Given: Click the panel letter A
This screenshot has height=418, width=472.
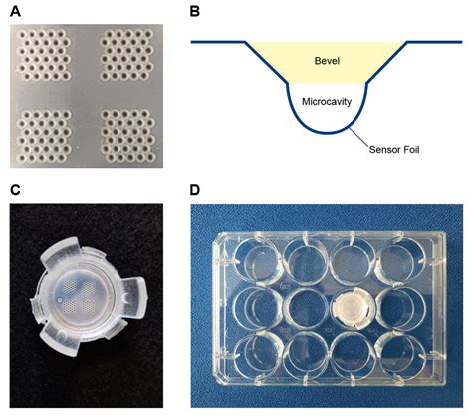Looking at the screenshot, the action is coord(15,11).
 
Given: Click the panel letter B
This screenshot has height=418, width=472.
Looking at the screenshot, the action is coord(195,11).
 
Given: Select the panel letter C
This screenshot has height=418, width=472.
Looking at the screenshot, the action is coord(15,190).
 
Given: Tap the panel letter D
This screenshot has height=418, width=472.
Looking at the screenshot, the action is coord(195,190).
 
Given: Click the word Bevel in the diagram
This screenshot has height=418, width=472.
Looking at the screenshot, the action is coord(327,61).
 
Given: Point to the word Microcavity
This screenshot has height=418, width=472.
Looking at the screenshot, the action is coord(327,101).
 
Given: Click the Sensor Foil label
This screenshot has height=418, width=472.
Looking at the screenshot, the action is coord(394,149).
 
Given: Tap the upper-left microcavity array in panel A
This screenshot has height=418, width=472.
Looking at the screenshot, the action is coord(44,55).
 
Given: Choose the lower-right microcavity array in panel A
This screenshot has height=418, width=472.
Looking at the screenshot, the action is coord(127,136).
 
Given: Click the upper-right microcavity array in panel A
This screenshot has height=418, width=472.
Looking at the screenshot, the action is coord(127,55).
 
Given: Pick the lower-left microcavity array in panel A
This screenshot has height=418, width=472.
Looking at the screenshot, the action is coord(44,136).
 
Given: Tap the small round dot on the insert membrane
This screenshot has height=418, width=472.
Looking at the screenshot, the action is coord(60,301).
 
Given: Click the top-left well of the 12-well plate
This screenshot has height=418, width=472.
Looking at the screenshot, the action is coord(256,262).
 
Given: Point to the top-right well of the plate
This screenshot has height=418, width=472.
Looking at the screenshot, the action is coord(401,262).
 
